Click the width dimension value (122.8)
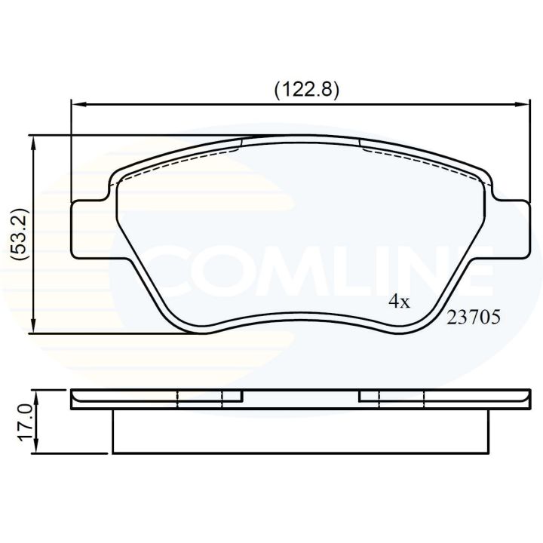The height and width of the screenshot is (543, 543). pyautogui.click(x=305, y=88)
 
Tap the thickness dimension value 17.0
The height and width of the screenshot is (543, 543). pyautogui.click(x=23, y=424)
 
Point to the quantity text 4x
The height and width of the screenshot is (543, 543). pyautogui.click(x=398, y=302)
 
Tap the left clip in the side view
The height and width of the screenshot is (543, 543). pyautogui.click(x=207, y=397)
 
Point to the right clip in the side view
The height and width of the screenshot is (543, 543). pyautogui.click(x=392, y=397)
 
